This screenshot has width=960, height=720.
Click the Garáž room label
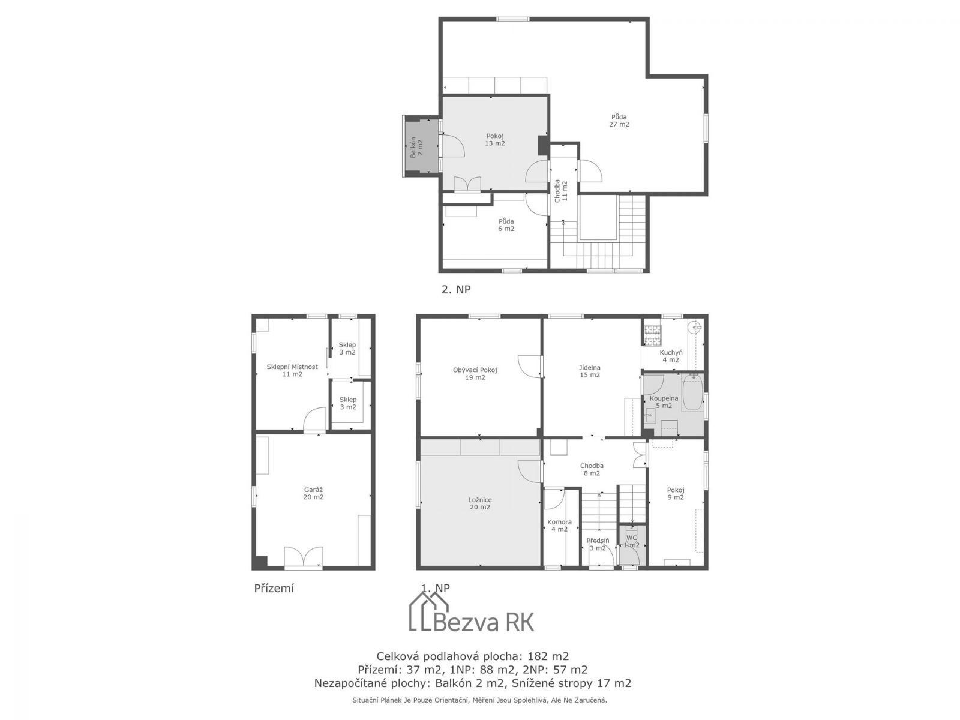pos(313,493)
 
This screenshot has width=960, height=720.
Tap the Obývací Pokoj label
pos(475,373)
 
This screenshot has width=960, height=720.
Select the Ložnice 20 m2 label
pos(480,503)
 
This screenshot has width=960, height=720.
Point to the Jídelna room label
pos(590,371)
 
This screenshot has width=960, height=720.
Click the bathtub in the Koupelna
pos(692,392)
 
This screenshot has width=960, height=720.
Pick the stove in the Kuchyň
pos(651,333)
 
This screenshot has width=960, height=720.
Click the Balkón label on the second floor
pos(416,148)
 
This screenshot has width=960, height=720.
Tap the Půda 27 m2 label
pos(619,120)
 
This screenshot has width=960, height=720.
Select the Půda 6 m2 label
pos(506,224)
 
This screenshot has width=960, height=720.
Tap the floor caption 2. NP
pos(456,289)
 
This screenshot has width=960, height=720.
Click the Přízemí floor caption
pos(274,588)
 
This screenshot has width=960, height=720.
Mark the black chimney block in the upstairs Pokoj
pos(543,145)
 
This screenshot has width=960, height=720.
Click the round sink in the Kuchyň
pos(695,326)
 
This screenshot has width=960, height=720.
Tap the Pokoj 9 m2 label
pos(675,493)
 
